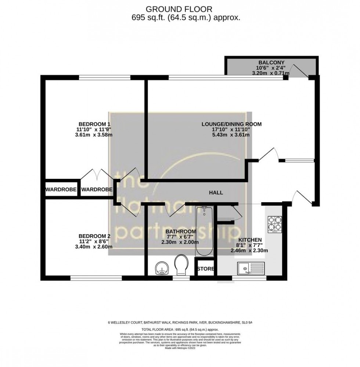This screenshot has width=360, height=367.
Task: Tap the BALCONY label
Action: [271, 62]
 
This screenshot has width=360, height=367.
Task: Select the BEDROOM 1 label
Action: [94, 124]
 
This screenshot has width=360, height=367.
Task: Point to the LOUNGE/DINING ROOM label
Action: [231, 124]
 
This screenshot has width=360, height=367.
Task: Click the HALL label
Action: [216, 192]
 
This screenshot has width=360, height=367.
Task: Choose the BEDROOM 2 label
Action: [94, 236]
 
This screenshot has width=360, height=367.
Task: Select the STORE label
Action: [206, 269]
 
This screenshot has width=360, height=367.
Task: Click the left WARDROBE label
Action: [61, 189]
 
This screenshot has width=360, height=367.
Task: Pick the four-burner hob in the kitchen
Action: [274, 224]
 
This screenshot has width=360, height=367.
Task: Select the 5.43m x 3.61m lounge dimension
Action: [231, 135]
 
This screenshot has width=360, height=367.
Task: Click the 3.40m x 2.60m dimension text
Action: [94, 247]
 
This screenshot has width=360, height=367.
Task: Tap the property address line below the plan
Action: [180, 323]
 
